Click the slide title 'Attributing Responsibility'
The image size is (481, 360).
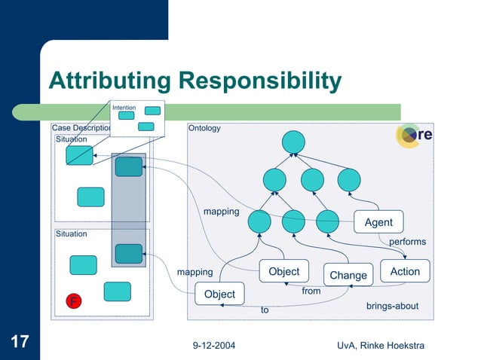[x=195, y=81]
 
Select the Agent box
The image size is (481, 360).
[x=378, y=222]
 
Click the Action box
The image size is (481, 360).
[x=405, y=271]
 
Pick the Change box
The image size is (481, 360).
[x=348, y=276]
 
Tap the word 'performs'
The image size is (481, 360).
[x=407, y=242]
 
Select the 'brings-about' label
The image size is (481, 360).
[x=392, y=307]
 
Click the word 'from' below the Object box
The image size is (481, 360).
[x=311, y=291]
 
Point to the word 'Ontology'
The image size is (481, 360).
[x=205, y=128]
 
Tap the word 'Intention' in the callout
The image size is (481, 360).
[x=124, y=108]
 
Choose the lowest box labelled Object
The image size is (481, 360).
[x=219, y=294]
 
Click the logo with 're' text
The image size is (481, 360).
[x=415, y=135]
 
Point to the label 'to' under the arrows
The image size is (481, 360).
[x=265, y=309]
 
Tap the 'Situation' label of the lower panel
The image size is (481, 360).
[x=72, y=234]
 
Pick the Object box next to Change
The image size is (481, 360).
[x=283, y=271]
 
